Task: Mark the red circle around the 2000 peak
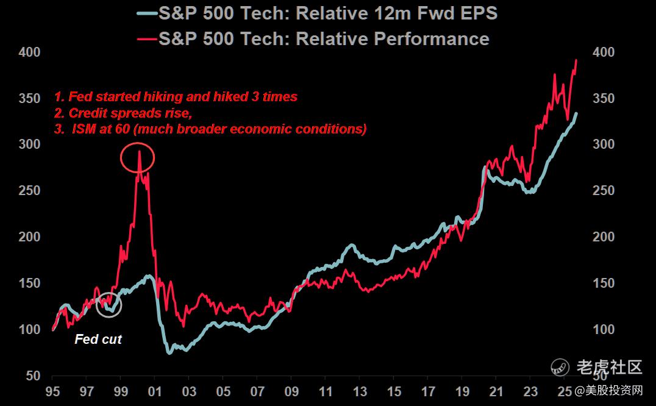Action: (138, 158)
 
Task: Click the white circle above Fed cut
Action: (109, 305)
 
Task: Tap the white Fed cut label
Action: (98, 340)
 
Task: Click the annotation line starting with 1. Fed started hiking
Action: (176, 97)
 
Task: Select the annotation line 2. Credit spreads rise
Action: (127, 113)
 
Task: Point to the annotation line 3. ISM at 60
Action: (210, 129)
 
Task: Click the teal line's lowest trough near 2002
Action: (169, 352)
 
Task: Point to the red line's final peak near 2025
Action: (576, 60)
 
